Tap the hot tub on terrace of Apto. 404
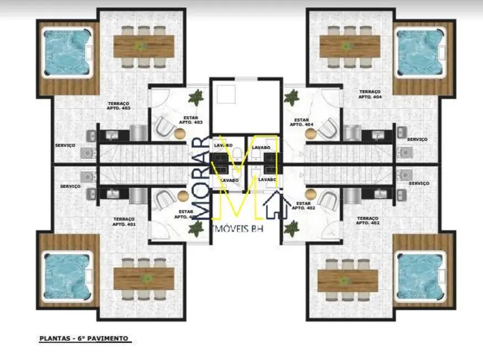(419, 53)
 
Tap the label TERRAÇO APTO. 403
(119, 106)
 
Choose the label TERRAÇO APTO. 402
(368, 221)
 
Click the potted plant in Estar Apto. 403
(196, 99)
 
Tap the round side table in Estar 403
(180, 133)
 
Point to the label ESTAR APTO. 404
(301, 122)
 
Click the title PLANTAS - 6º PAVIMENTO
(84, 338)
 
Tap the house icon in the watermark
(275, 205)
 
